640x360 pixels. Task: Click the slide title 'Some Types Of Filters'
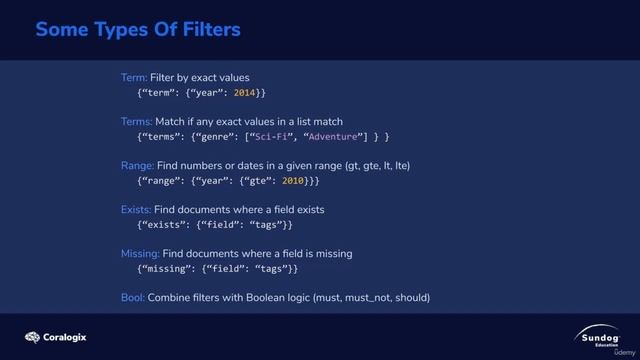[x=138, y=30]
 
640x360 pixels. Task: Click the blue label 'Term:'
[x=134, y=77]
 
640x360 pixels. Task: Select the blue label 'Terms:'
[x=137, y=121]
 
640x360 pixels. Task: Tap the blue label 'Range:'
[x=137, y=165]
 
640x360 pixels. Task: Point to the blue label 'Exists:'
[x=136, y=209]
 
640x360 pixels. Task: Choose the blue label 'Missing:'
[x=140, y=253]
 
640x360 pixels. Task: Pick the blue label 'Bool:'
[x=133, y=297]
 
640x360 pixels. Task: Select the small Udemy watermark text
[x=623, y=353]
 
